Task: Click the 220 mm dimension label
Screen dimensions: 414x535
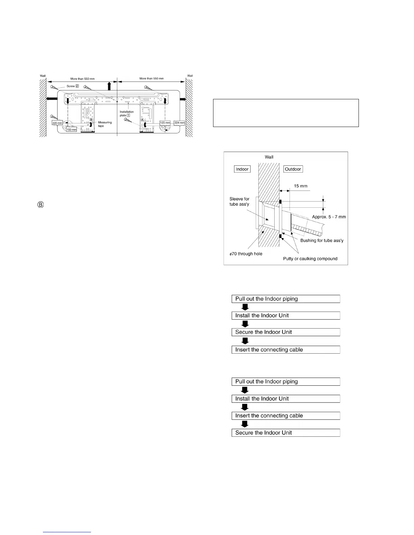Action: (x=57, y=123)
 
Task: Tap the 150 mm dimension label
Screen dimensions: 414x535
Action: (x=72, y=130)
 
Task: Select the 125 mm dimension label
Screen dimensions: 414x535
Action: (x=165, y=123)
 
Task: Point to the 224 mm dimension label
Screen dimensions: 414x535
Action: (x=180, y=123)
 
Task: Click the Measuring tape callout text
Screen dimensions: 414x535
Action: (x=105, y=124)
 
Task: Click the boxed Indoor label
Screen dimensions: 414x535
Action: (x=242, y=169)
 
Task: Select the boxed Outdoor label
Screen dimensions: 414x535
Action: (x=293, y=169)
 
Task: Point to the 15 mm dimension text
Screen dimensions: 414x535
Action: (x=301, y=186)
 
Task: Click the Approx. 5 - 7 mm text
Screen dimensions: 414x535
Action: (x=329, y=217)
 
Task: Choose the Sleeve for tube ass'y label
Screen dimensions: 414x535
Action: (x=239, y=202)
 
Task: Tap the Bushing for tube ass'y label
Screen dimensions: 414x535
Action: (x=322, y=240)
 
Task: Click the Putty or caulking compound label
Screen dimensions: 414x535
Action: (x=310, y=259)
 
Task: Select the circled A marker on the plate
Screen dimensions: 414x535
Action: (x=142, y=120)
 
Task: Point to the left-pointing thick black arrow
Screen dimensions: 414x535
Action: (x=52, y=99)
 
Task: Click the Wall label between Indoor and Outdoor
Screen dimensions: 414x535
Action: (x=269, y=157)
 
